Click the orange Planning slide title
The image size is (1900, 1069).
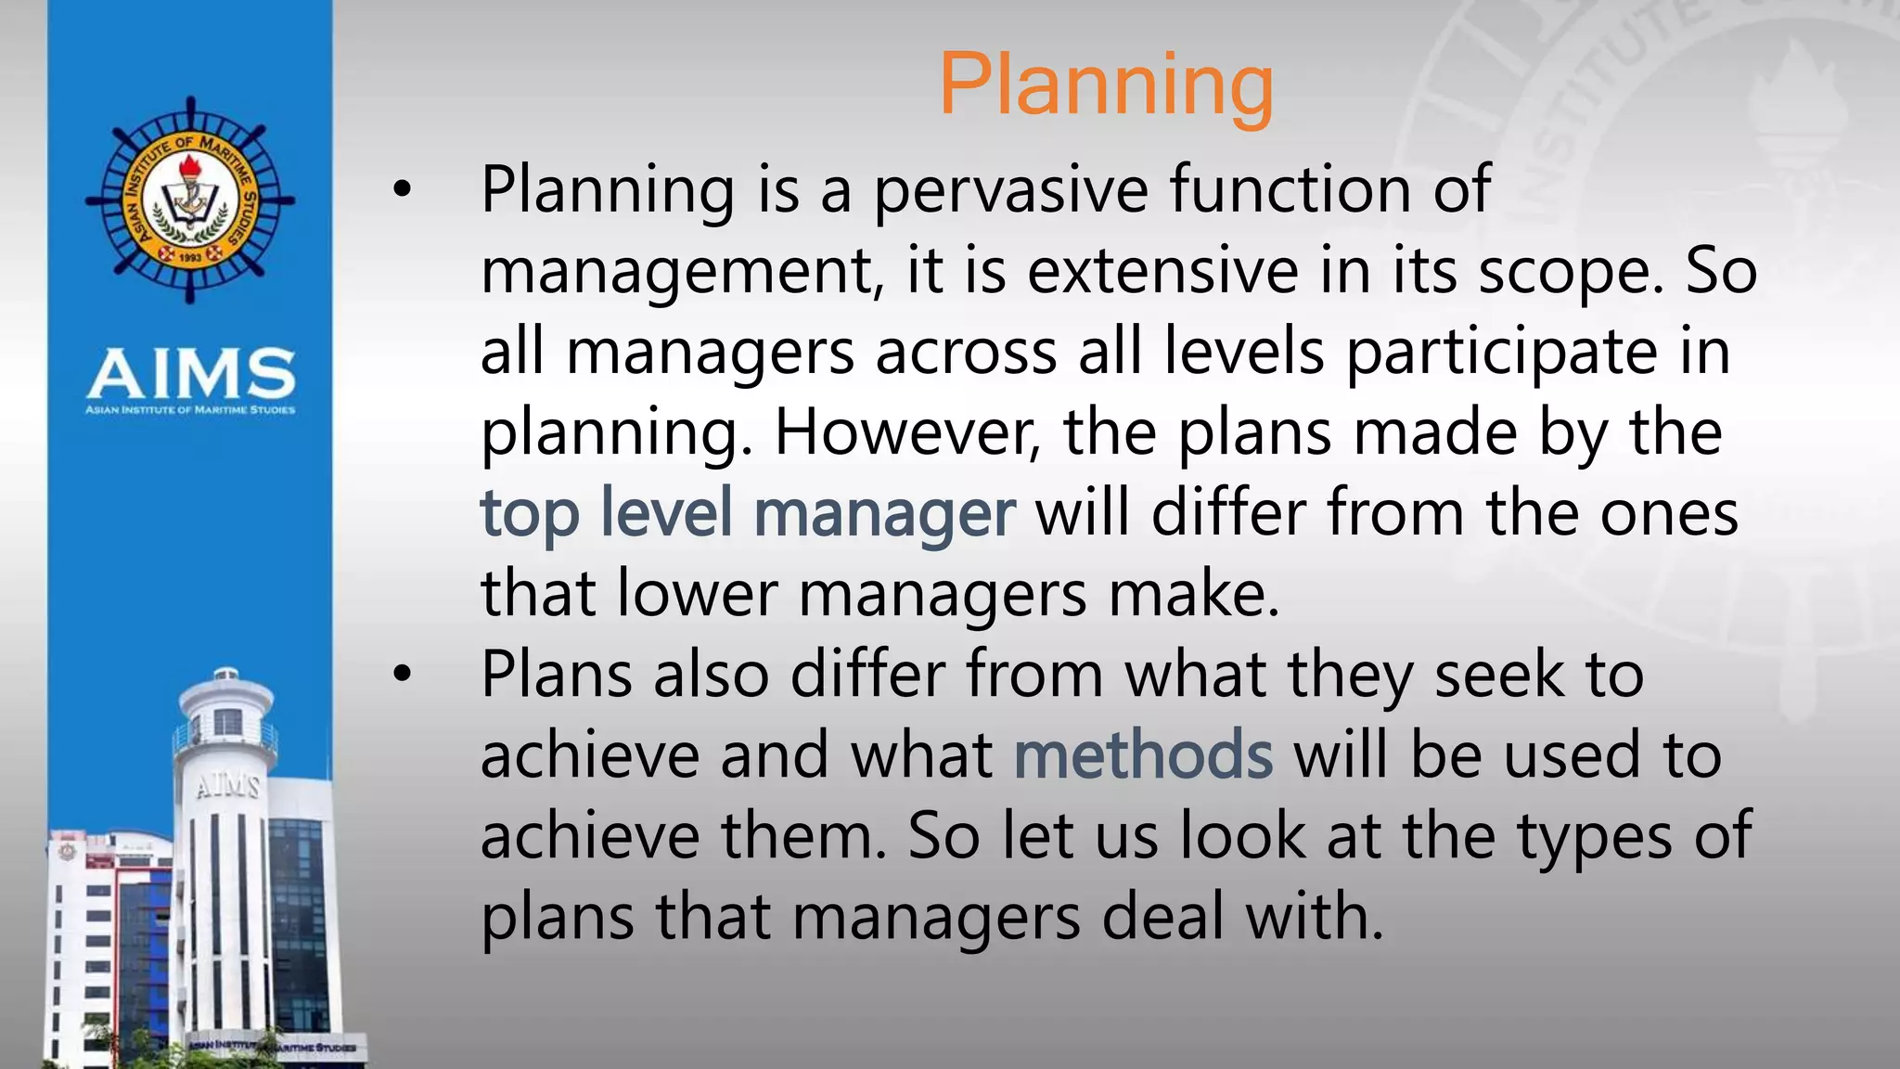(x=1106, y=85)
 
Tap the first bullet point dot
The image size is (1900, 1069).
(x=401, y=190)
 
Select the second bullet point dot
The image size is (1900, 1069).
(x=401, y=675)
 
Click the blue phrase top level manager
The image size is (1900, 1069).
(x=747, y=513)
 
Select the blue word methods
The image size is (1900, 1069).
(x=1143, y=755)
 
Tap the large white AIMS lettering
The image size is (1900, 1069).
(x=191, y=373)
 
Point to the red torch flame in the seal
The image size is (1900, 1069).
(x=190, y=167)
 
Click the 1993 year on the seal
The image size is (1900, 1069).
(x=190, y=257)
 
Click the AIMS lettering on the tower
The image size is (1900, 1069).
(x=226, y=787)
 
